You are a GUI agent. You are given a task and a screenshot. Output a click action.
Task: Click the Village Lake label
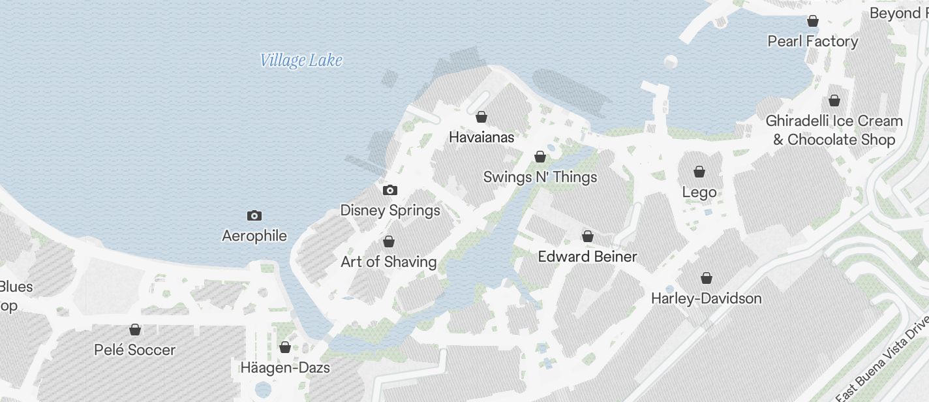pyautogui.click(x=301, y=61)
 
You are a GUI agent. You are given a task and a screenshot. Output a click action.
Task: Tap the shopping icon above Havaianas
pyautogui.click(x=481, y=117)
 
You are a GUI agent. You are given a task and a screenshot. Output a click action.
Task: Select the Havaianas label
pyautogui.click(x=481, y=137)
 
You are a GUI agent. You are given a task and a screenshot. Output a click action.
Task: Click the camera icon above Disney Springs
pyautogui.click(x=390, y=190)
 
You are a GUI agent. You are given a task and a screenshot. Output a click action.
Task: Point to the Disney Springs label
pyautogui.click(x=390, y=210)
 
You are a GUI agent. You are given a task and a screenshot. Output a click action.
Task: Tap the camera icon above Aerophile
pyautogui.click(x=254, y=215)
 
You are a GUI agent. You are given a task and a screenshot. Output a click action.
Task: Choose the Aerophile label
pyautogui.click(x=254, y=236)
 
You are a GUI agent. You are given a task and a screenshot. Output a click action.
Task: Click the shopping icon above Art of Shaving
pyautogui.click(x=389, y=241)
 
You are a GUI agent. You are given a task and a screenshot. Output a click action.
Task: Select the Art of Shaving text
pyautogui.click(x=389, y=262)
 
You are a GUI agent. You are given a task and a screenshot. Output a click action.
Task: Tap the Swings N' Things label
pyautogui.click(x=540, y=177)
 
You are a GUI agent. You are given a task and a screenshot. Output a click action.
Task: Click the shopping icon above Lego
pyautogui.click(x=699, y=172)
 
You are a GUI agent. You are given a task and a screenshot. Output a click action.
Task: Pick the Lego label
pyautogui.click(x=699, y=192)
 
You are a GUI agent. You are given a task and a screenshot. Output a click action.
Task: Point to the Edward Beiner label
pyautogui.click(x=587, y=256)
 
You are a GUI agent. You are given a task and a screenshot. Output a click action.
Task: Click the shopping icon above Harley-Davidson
pyautogui.click(x=707, y=278)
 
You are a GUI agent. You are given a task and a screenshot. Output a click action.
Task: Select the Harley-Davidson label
pyautogui.click(x=707, y=298)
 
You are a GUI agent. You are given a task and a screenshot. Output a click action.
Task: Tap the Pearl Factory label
pyautogui.click(x=813, y=41)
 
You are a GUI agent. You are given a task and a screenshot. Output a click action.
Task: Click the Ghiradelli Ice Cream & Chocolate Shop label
pyautogui.click(x=834, y=130)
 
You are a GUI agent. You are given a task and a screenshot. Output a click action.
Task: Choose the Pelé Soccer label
pyautogui.click(x=135, y=350)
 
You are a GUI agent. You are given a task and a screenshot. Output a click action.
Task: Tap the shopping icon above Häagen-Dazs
pyautogui.click(x=285, y=347)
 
